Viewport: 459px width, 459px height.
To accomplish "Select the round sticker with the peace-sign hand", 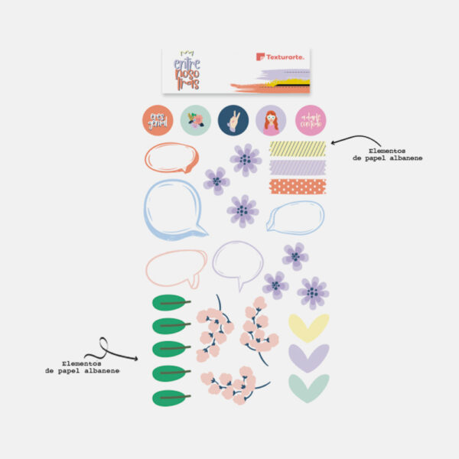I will [233, 119].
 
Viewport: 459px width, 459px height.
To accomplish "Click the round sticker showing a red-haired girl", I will [271, 119].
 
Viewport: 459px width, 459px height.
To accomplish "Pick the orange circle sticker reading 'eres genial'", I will [158, 119].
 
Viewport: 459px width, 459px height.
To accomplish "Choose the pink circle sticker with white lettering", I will [311, 119].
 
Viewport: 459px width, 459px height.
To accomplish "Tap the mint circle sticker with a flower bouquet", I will [196, 119].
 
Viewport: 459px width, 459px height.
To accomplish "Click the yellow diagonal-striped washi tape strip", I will [298, 148].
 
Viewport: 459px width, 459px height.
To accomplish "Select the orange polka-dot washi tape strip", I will [298, 186].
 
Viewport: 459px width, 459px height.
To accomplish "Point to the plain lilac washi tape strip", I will [298, 167].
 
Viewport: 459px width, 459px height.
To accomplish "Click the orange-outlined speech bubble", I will [171, 158].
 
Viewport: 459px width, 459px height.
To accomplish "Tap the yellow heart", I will [308, 327].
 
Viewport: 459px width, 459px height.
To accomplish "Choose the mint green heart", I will [308, 387].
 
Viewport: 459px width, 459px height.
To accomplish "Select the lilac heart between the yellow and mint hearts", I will [308, 357].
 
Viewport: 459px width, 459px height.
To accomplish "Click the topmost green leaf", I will [171, 303].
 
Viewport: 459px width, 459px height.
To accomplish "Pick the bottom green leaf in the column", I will [171, 398].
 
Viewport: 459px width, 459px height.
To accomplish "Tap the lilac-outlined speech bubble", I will [238, 262].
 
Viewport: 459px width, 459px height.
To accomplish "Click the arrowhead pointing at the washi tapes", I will [333, 142].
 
